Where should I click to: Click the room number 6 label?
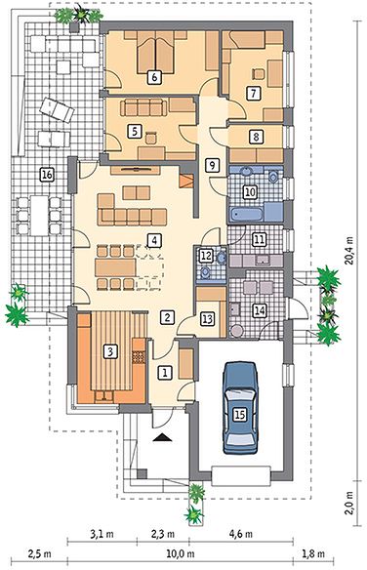(155, 77)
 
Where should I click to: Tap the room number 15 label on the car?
(239, 415)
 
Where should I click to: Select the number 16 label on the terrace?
(47, 175)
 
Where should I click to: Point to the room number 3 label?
(111, 351)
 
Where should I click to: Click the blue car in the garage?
(240, 408)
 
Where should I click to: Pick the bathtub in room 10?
(246, 214)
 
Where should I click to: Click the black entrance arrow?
(162, 437)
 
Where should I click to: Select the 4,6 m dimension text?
(241, 534)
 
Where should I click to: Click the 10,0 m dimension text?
(181, 554)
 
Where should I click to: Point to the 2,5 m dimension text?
(40, 554)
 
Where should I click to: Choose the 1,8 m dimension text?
(313, 554)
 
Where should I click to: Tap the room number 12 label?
(206, 255)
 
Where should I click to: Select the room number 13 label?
(208, 319)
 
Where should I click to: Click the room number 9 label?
(212, 165)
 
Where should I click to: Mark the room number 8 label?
(257, 137)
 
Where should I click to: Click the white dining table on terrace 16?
(39, 216)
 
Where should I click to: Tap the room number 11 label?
(260, 239)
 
